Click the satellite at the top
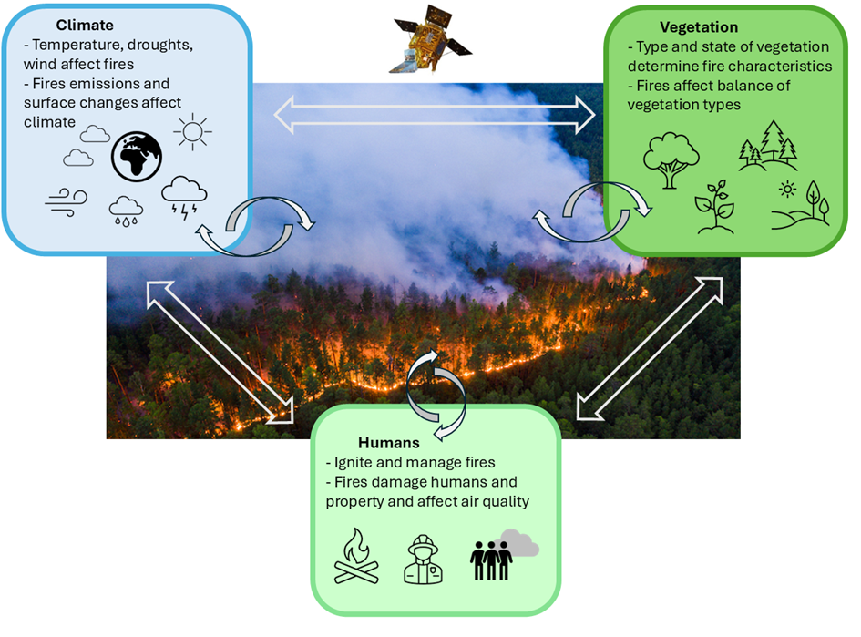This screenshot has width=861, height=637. [429, 42]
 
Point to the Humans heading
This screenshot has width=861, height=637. [388, 443]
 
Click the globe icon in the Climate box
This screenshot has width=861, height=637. [137, 157]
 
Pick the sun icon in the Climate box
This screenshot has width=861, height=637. [192, 132]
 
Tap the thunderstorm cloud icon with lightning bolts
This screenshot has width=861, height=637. [184, 198]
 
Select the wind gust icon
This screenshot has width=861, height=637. [67, 201]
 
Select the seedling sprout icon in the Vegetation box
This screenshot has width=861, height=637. [714, 207]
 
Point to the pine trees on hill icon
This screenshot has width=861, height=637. [768, 146]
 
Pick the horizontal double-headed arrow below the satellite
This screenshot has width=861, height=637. [435, 116]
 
